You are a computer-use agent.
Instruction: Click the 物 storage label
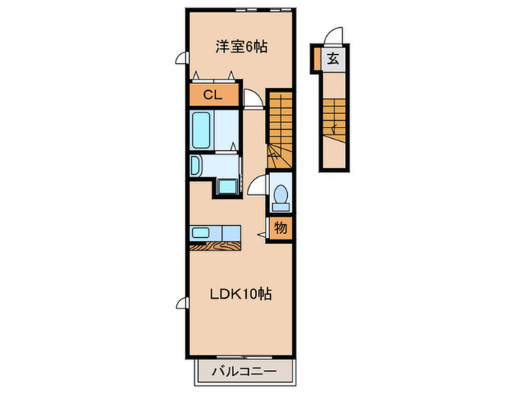pos(279,227)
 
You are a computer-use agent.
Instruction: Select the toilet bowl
pos(281,197)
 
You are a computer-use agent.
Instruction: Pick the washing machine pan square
pos(226,187)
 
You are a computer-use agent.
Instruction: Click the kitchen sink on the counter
pos(203,232)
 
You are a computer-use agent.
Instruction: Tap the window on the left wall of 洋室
pos(181,58)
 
